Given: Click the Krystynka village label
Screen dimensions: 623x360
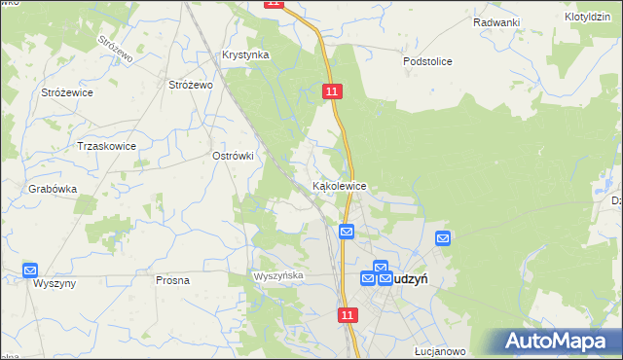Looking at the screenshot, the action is pos(244,55).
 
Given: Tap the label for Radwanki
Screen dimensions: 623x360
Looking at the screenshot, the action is pos(496,22).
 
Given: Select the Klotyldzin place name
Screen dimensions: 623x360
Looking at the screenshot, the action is pos(586,18).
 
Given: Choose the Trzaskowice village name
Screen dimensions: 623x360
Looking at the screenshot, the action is pos(106,146).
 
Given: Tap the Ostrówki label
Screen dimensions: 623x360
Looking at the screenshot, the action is pos(233,156).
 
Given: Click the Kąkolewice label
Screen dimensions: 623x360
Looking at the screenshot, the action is pos(339,185).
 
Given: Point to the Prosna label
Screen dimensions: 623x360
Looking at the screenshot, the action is pos(172,280).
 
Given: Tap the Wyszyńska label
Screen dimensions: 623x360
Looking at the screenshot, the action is pos(280,276).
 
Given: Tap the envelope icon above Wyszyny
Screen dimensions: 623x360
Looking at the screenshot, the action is pos(30,270).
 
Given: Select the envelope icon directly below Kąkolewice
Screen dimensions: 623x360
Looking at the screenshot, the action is pos(346,231).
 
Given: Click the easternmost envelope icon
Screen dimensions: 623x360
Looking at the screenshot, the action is pos(443,237).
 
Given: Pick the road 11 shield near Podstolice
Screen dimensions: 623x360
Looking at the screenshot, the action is pos(333,90).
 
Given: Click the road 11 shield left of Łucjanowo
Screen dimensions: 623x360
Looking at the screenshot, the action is pos(348,315).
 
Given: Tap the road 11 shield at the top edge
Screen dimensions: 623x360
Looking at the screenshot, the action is pos(274,4).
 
